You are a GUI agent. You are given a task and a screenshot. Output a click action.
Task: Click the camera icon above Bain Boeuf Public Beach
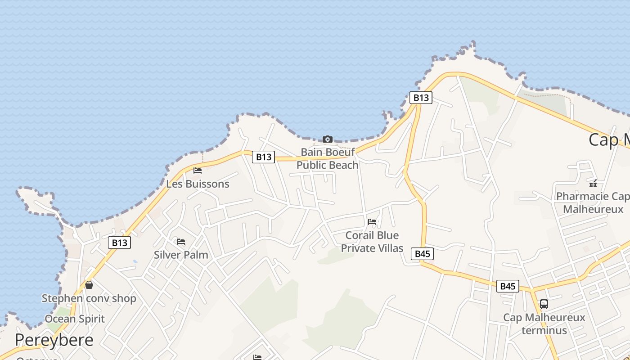click(328, 139)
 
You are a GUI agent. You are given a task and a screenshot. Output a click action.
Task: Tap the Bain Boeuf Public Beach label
click(328, 158)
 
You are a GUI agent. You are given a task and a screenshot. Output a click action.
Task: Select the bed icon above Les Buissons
click(198, 171)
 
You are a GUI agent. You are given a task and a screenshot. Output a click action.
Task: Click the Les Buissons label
click(198, 184)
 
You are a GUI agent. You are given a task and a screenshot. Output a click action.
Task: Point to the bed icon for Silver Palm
click(181, 242)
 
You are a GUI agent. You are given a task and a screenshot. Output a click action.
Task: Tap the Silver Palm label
click(181, 255)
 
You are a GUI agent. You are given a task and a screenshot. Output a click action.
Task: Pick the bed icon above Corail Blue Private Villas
click(372, 222)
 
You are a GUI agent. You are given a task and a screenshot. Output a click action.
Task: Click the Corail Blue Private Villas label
click(372, 242)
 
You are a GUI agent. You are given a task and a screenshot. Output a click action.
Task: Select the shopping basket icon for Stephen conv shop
click(89, 285)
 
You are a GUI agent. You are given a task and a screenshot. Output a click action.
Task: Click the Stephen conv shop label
click(89, 298)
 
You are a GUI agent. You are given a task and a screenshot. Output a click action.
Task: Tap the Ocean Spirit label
click(75, 319)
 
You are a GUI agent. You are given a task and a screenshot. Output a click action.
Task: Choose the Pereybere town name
click(54, 340)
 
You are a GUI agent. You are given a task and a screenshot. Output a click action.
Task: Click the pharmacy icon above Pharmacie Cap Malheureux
click(593, 183)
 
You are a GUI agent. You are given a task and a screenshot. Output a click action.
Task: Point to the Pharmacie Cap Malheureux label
click(593, 202)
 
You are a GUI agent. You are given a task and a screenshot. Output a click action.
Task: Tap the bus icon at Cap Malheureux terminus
click(544, 304)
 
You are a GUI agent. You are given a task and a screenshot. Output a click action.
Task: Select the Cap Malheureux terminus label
click(544, 324)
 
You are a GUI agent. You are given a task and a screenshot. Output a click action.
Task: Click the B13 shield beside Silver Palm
click(119, 243)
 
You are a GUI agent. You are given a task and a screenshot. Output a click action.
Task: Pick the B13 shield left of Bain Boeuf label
click(263, 157)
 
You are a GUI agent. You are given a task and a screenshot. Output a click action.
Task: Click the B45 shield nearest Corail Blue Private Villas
click(422, 254)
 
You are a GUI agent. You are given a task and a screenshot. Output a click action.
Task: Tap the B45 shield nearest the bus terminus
click(508, 286)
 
